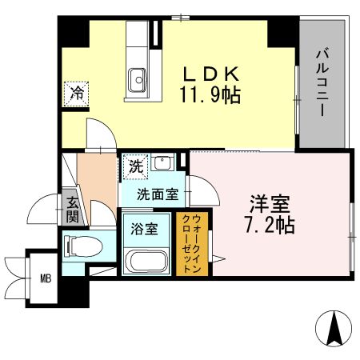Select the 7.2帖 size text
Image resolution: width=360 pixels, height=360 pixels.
pos(269,224)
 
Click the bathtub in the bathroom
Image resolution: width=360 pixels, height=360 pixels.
pos(146,261)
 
